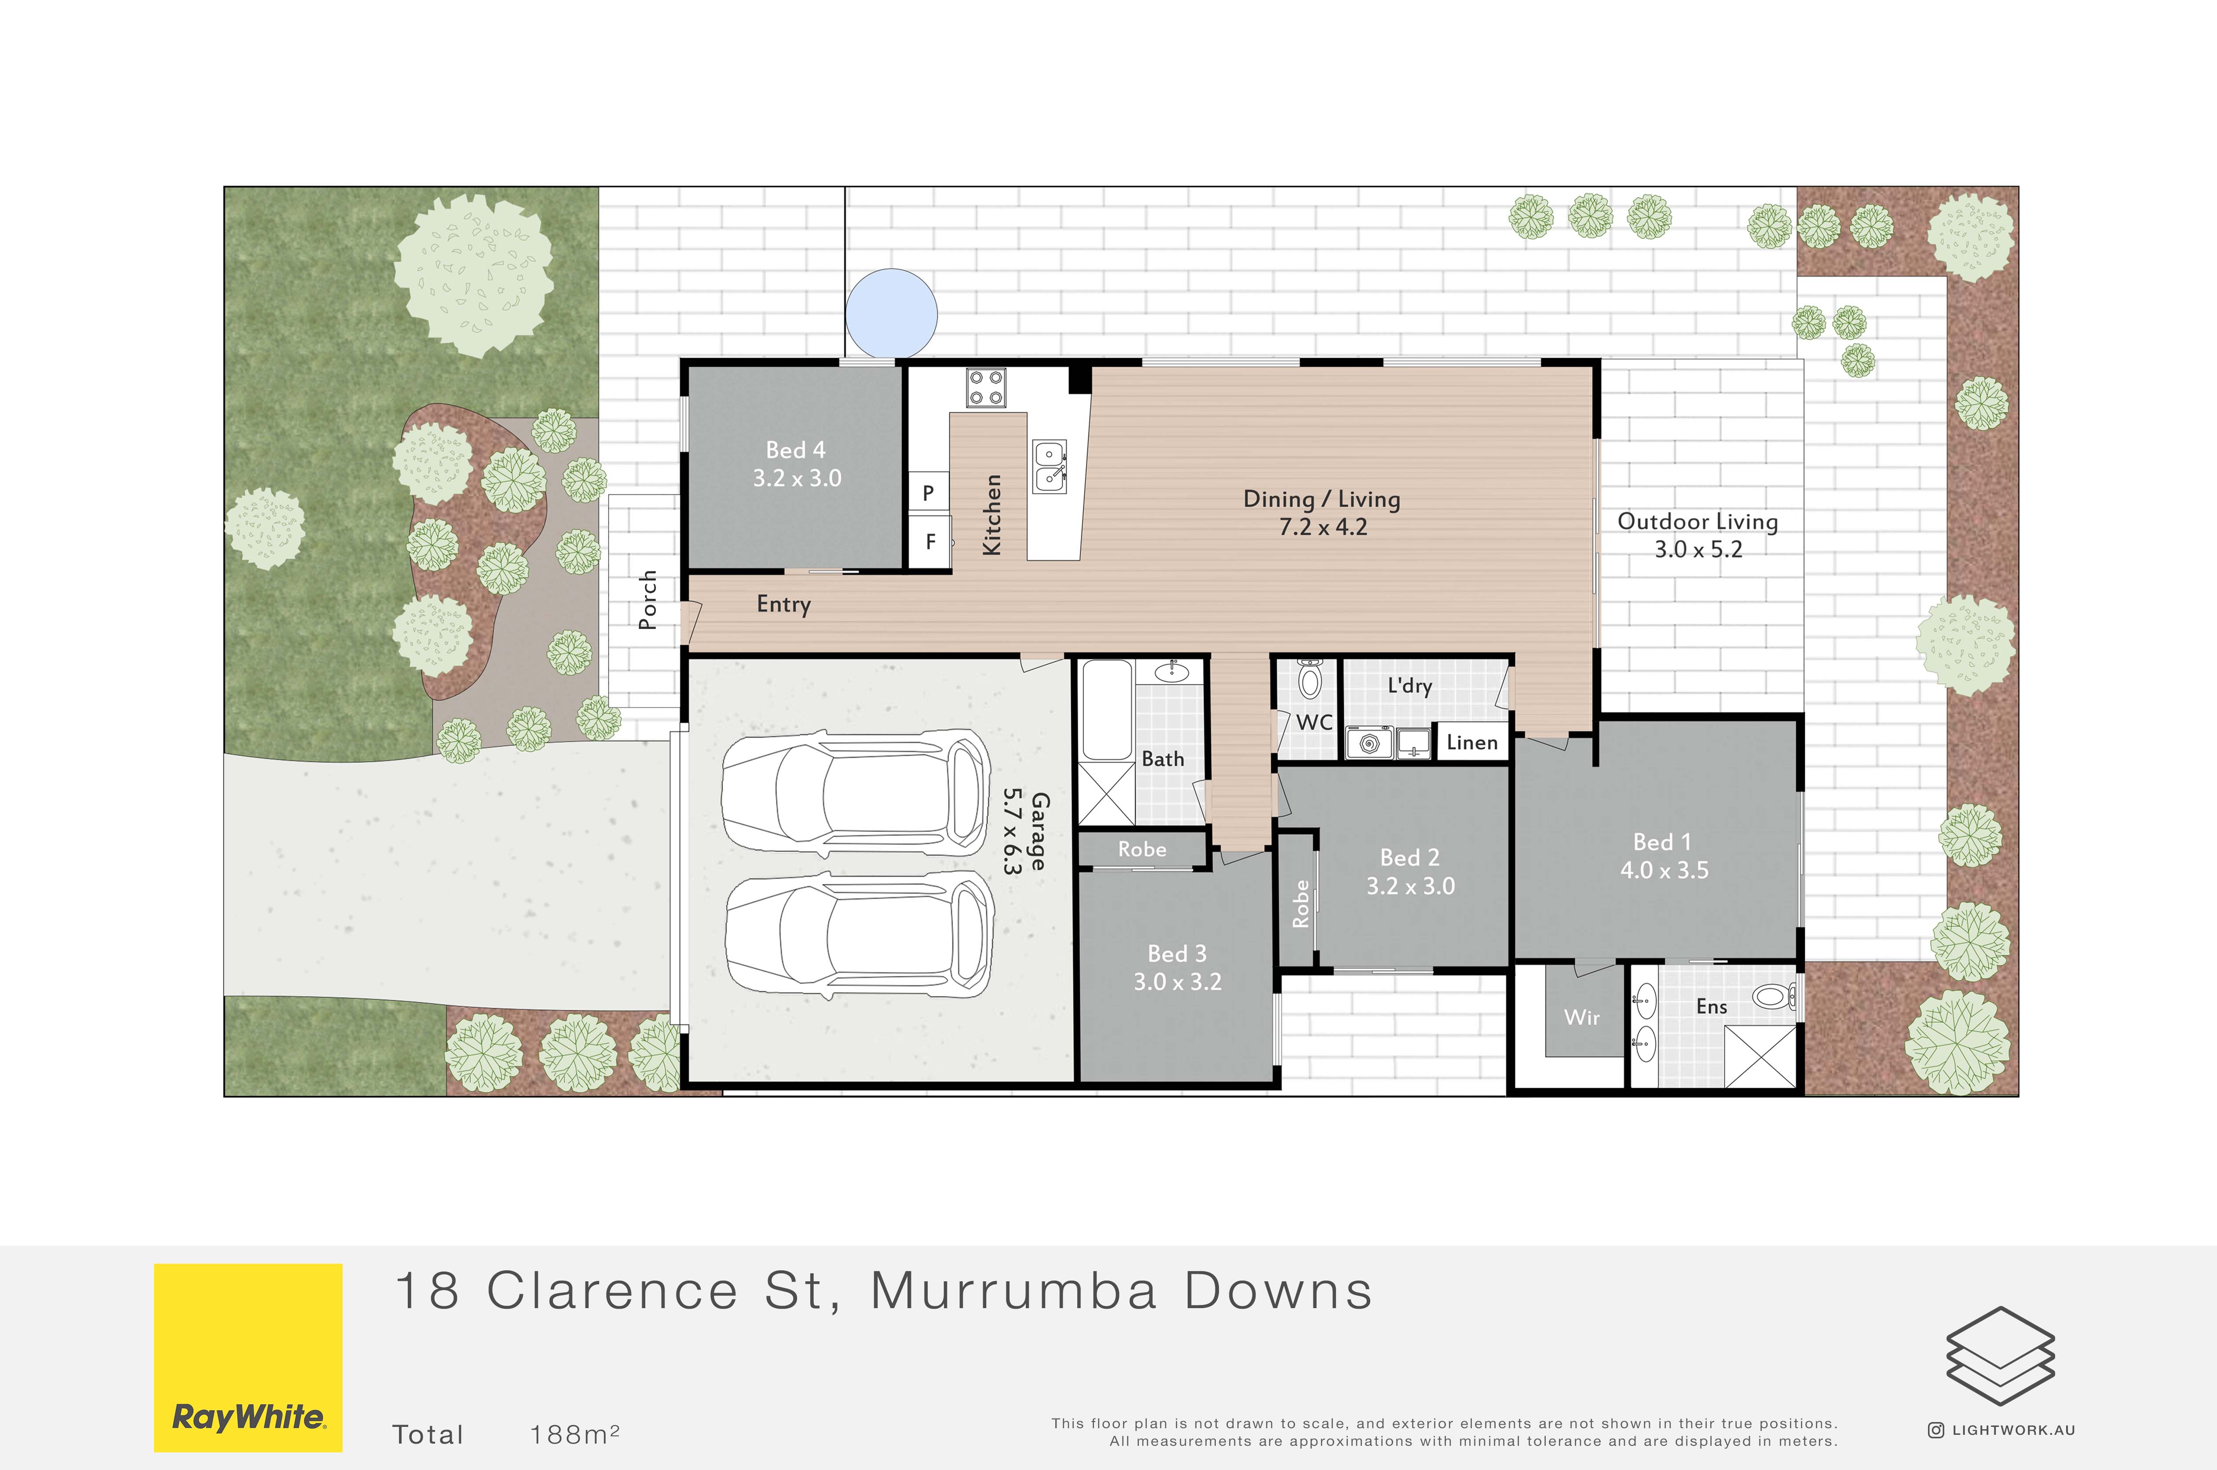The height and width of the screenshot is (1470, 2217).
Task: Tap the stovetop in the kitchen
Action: click(986, 388)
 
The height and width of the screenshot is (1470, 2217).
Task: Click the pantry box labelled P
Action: click(928, 492)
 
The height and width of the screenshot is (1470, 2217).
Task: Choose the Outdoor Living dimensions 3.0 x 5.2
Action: click(1698, 549)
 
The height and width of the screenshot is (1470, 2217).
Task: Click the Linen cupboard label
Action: click(1472, 742)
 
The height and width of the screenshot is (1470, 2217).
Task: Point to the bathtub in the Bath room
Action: click(1107, 709)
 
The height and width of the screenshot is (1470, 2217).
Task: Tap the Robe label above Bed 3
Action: click(1142, 849)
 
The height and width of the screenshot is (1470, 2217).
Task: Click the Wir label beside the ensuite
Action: click(1581, 1017)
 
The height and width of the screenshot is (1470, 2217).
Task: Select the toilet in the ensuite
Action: click(1774, 996)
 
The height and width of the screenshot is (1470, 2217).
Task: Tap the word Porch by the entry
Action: click(647, 600)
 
